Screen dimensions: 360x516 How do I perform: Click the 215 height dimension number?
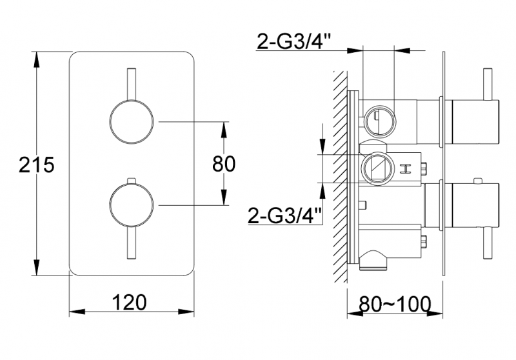(x=36, y=165)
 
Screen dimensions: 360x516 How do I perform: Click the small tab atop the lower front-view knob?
(x=132, y=180)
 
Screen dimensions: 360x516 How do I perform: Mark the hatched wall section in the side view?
(x=340, y=174)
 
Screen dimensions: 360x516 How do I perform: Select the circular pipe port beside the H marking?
(x=375, y=169)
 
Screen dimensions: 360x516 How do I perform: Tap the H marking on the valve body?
(x=406, y=169)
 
